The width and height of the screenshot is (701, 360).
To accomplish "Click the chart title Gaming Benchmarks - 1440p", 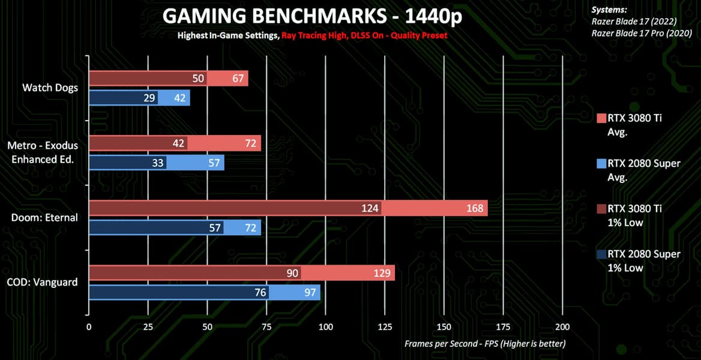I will pos(312,16).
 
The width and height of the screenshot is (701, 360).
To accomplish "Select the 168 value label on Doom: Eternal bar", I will pos(475,208).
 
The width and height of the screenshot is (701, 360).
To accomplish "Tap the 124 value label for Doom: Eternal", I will pos(370,208).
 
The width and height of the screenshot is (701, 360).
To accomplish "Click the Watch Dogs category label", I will pos(50,88).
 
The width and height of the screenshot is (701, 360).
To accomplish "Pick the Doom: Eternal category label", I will pos(44,217).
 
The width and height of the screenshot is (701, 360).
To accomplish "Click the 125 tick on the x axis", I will pos(384,327).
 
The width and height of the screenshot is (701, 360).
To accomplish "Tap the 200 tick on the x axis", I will pos(562,327).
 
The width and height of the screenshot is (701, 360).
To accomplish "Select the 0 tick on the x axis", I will pos(89,327).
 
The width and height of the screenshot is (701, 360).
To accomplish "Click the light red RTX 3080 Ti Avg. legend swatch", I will pos(602,118).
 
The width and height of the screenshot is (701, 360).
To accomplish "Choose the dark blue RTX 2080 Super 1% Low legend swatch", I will pos(602,254).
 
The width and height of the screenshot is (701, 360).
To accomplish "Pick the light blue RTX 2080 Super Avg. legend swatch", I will pos(602,163).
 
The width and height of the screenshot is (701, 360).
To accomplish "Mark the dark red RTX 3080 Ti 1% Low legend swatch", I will pos(602,209).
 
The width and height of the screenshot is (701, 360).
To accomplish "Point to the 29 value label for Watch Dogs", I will pos(149,98).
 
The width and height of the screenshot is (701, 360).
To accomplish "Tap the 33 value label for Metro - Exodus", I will pos(158,163).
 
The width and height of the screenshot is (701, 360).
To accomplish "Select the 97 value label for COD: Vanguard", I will pos(310,292).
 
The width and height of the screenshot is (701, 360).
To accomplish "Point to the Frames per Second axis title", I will pos(485,344).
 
